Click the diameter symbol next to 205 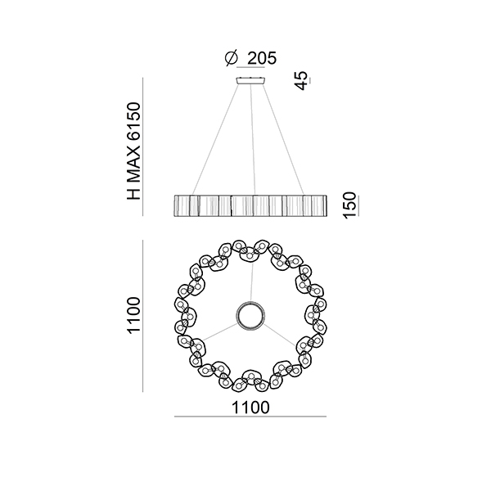(232, 59)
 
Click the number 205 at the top (262, 58)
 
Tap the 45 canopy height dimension (301, 80)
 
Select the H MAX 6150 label (134, 151)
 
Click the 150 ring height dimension (349, 205)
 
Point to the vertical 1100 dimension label (133, 315)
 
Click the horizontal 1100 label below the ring (250, 408)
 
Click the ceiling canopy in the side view (251, 80)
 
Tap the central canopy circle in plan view (251, 315)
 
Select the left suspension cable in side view (215, 139)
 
